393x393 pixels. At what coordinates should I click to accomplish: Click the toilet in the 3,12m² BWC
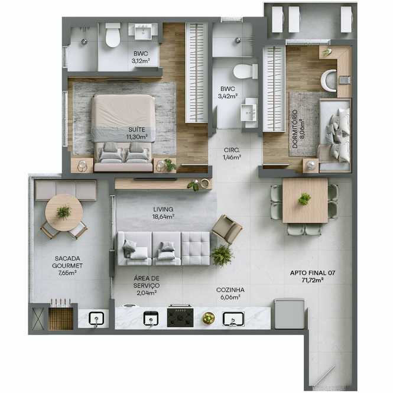pos(113,35)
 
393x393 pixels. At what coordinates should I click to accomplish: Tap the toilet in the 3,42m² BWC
pos(245,71)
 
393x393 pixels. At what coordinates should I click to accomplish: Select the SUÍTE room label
pos(137,129)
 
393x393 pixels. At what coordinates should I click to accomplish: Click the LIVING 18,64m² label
pos(164,213)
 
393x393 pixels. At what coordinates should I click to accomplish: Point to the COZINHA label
pos(230,290)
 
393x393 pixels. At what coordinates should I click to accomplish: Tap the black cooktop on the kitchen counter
pos(180,317)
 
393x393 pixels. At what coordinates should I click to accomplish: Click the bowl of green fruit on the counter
pos(209,319)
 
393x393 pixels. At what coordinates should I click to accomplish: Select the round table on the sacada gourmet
pos(64,213)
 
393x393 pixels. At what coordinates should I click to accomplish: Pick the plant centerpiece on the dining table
pos(304,199)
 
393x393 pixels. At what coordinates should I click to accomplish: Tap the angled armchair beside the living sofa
pos(227,229)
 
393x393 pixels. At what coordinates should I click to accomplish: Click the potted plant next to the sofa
pos(222,255)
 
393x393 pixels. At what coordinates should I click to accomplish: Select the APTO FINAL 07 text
pos(312,273)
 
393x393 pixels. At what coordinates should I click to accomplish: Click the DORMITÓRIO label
pos(295,129)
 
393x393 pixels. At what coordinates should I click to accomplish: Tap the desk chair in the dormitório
pos(329,80)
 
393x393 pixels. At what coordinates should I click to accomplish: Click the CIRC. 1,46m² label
pos(232,154)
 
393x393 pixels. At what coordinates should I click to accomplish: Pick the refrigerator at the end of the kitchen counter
pos(289,314)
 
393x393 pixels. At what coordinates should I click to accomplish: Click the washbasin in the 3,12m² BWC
pos(143,31)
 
